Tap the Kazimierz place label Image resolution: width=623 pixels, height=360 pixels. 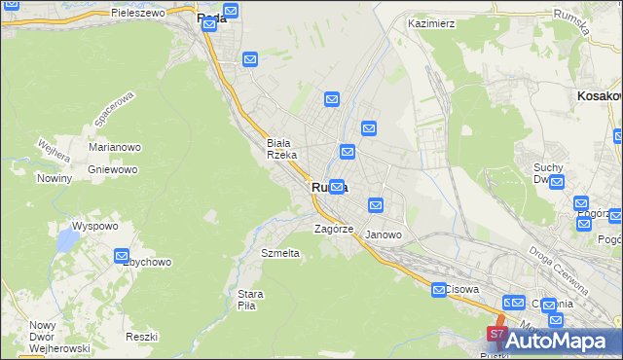click(432, 22)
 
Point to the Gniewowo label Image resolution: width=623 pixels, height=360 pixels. click(111, 168)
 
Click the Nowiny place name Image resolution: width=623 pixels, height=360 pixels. click(55, 178)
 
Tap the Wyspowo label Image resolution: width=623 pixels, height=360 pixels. click(74, 225)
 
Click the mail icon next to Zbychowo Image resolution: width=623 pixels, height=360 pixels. click(123, 257)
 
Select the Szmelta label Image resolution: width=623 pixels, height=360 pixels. click(280, 252)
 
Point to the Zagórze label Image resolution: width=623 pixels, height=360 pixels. click(332, 230)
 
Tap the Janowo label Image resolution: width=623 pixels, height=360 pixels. click(383, 234)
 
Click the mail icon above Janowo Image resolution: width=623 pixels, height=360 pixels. click(376, 205)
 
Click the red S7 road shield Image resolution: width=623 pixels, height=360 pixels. click(495, 334)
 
